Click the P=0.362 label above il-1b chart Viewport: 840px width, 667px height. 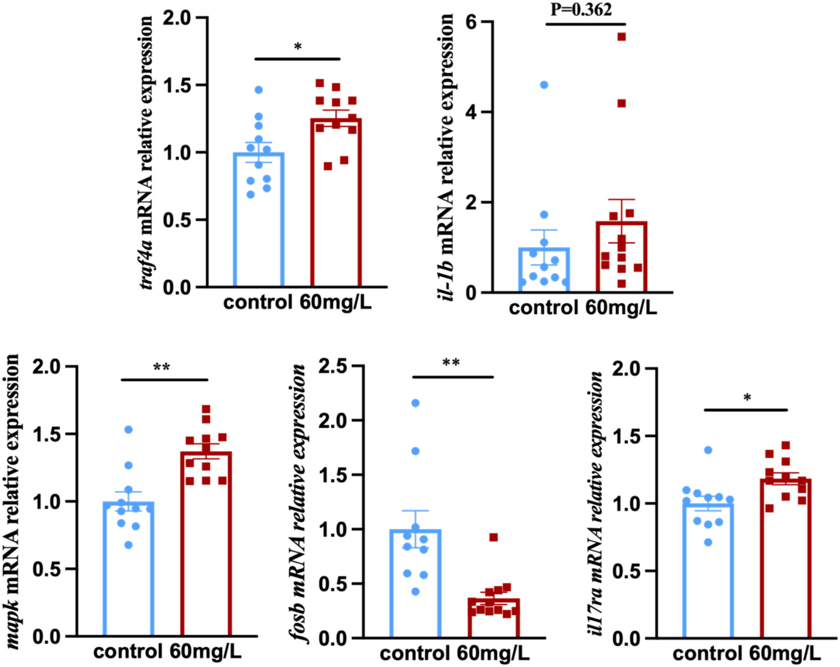click(581, 10)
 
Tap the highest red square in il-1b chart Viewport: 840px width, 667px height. click(622, 37)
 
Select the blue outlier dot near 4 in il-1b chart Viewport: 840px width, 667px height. click(544, 85)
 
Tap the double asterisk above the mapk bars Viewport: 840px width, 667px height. click(161, 368)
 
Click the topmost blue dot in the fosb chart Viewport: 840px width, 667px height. click(416, 403)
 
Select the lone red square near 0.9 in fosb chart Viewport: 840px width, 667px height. click(494, 537)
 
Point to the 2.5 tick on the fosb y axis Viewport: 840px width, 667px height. click(333, 366)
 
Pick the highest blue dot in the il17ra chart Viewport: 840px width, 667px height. click(708, 450)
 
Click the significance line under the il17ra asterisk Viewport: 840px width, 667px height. click(746, 410)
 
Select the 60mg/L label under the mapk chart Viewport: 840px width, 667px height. click(205, 651)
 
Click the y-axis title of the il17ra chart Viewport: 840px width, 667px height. click(596, 503)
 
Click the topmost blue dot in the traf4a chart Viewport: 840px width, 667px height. click(259, 90)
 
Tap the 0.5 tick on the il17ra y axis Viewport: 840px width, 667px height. click(627, 571)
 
